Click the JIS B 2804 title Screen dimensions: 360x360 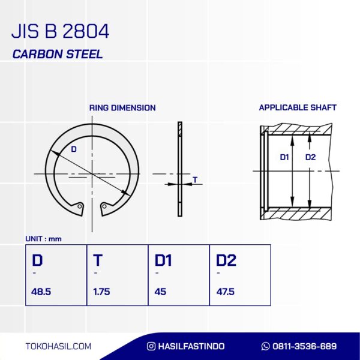tap(60, 31)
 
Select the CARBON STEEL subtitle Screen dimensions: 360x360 tap(58, 54)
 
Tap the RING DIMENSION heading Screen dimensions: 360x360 tap(122, 107)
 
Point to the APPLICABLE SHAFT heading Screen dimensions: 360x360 tap(298, 107)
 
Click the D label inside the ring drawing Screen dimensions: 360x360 tap(74, 149)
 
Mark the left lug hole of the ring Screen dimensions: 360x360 tap(80, 206)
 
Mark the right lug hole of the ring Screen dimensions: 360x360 tap(104, 206)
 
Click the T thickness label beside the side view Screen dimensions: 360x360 tap(195, 179)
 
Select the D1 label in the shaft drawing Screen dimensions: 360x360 tap(284, 157)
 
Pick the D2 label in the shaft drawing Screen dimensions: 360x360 tap(310, 157)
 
